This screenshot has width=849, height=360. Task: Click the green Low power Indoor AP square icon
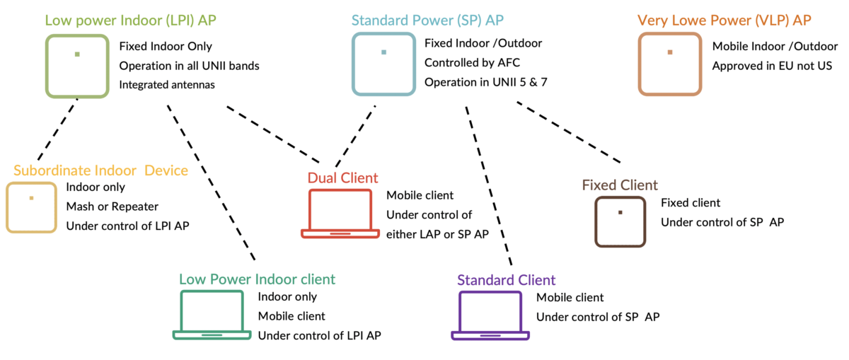pos(77,65)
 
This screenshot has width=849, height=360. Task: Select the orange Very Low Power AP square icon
pos(669,64)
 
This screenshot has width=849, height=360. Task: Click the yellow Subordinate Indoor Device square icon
pos(31,207)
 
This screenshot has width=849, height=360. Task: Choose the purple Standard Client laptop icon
pos(490,315)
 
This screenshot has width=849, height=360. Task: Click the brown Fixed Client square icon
pos(620,222)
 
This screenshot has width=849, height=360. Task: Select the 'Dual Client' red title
pos(342,177)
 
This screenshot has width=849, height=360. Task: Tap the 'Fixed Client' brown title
pos(620,185)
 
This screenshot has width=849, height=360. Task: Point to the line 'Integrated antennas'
pos(167,84)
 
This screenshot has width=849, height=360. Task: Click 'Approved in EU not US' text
pos(772,66)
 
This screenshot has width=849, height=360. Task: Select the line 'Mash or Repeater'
pos(112,207)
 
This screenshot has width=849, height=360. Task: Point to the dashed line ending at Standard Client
pos(487,184)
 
